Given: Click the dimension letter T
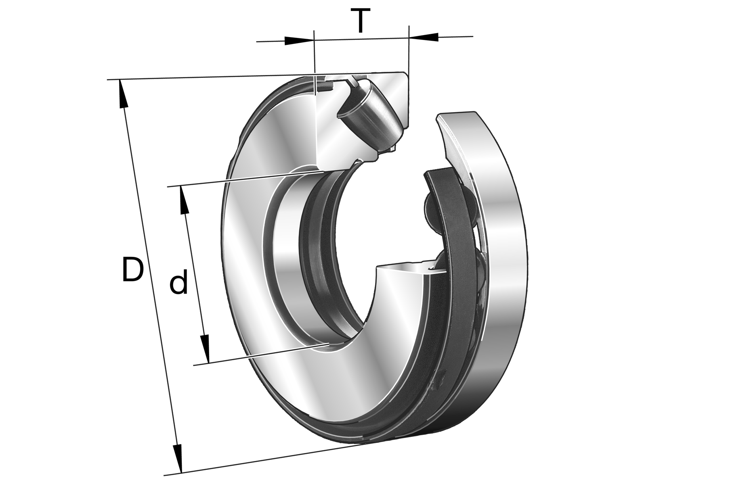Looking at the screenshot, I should [361, 21].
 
